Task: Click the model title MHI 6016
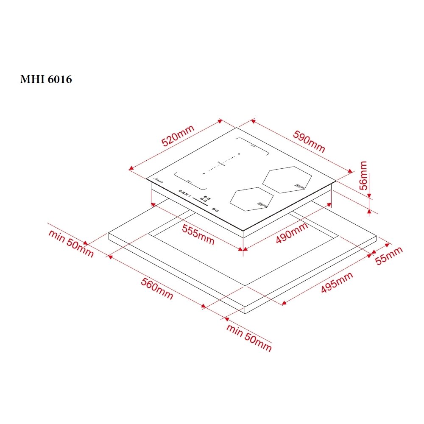click(46, 79)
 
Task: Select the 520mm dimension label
click(178, 136)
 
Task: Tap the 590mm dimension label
click(309, 141)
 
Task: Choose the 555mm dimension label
click(198, 234)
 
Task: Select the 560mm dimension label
click(157, 290)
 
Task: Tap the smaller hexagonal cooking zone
click(252, 199)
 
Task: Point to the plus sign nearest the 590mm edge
click(239, 153)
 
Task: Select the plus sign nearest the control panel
click(204, 173)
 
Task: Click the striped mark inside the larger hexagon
click(300, 186)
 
